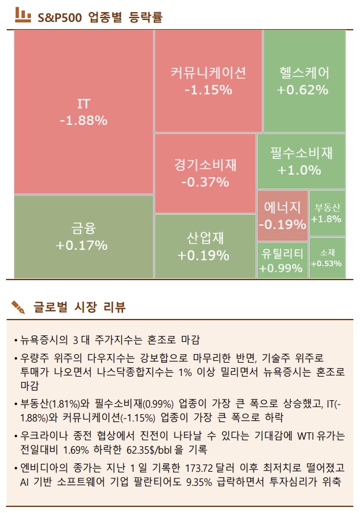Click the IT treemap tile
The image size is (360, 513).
[83, 112]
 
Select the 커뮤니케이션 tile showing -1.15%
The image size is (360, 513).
[208, 81]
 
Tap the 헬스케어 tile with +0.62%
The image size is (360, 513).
[304, 81]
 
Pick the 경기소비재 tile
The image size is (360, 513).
[205, 173]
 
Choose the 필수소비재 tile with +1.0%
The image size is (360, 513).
[301, 161]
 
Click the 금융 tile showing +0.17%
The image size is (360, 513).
[83, 236]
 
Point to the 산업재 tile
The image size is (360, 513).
[205, 246]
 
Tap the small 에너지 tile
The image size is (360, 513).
[282, 216]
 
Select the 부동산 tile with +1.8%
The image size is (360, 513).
[327, 213]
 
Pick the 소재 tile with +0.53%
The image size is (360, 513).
[327, 258]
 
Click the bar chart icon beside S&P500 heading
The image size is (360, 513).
[23, 15]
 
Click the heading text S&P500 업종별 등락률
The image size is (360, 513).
[100, 17]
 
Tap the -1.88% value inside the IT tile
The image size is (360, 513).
[83, 121]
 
